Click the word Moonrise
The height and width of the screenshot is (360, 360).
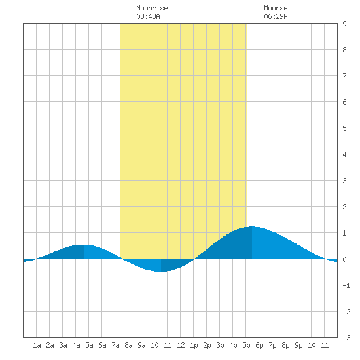pos(152,8)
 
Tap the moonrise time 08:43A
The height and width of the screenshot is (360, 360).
pos(148,16)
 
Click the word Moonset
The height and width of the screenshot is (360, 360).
pos(278,8)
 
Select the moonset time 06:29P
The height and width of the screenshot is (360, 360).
pos(276,16)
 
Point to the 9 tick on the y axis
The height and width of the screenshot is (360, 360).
pos(344,24)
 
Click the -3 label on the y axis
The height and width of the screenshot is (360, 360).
pos(346,338)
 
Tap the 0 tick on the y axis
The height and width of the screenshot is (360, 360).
pos(344,259)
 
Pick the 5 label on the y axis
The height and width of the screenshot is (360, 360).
pos(344,128)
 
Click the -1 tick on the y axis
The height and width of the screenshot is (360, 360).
pos(346,285)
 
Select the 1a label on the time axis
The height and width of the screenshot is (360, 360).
pos(37,345)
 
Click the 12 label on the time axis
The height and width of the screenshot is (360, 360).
pos(181,345)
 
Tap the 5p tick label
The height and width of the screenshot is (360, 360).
pos(246,345)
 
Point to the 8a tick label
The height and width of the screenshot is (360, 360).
pos(128,345)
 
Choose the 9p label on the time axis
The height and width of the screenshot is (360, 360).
pos(298,345)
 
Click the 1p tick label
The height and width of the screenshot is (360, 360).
pos(194,345)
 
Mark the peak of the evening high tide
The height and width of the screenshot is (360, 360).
pos(252,227)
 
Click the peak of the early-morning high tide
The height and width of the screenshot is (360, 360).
pos(84,245)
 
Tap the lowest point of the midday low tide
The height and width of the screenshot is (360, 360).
pos(161,272)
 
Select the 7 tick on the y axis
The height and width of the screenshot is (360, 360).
pos(344,76)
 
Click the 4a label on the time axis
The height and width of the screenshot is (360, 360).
pos(76,345)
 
